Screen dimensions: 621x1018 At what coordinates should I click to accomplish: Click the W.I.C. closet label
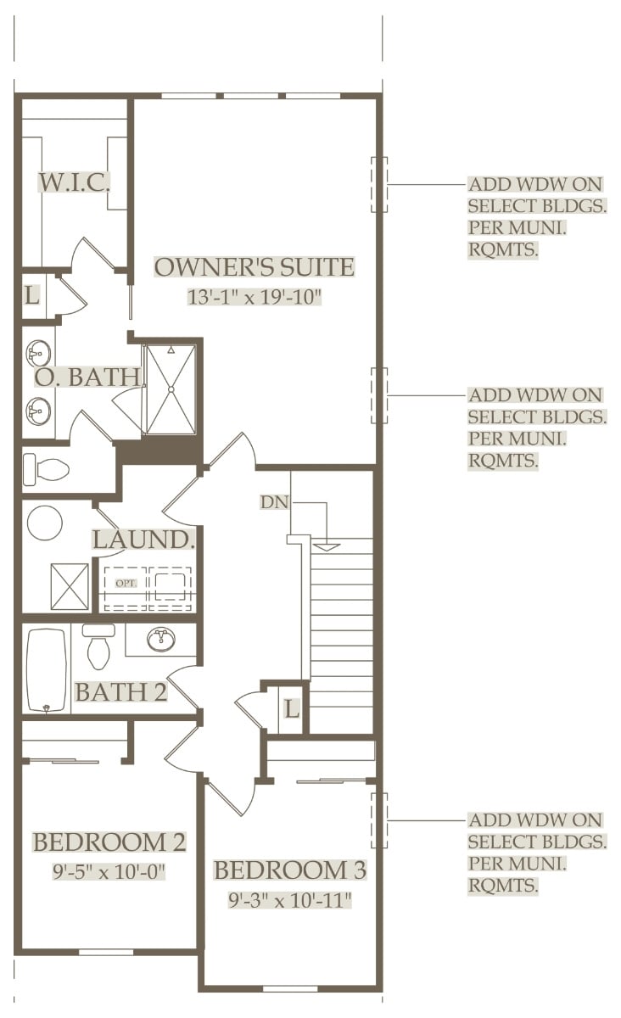pos(74,182)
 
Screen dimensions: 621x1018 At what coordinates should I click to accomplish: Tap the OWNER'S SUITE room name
pos(255,266)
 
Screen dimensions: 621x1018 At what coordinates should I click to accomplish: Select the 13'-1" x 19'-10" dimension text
pos(255,297)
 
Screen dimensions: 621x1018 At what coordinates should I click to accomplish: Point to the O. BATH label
pos(87,377)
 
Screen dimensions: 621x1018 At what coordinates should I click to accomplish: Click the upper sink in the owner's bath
pos(39,353)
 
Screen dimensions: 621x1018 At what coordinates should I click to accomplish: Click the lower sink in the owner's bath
pos(39,411)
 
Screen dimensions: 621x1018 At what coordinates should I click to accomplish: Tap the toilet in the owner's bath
pos(46,469)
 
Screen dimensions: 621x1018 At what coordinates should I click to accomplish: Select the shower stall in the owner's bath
pos(171,389)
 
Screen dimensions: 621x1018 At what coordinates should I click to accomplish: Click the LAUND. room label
pos(143,540)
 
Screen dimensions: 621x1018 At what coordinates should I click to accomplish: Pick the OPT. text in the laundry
pos(126,583)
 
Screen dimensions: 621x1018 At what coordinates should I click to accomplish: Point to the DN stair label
pos(275,502)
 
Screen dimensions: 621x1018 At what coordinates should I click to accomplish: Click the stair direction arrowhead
pos(327,547)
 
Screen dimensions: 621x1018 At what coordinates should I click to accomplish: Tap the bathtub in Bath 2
pos(47,670)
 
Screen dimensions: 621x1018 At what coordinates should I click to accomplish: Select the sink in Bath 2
pos(161,640)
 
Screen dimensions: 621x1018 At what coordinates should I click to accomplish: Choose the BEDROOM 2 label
pos(109,842)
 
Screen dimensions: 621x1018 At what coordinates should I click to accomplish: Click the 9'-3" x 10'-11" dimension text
pos(290,900)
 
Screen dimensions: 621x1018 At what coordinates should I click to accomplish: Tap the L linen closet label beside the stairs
pos(291,708)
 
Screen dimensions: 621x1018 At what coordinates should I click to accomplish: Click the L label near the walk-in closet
pos(32,295)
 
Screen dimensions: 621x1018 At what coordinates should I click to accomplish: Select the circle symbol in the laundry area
pos(45,523)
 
